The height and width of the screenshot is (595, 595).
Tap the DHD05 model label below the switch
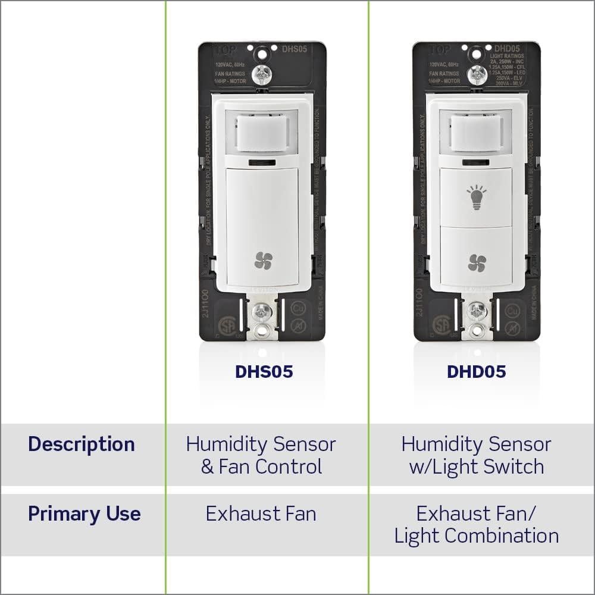(476, 372)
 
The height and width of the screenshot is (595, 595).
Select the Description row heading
(82, 444)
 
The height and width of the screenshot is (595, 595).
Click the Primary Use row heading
(84, 513)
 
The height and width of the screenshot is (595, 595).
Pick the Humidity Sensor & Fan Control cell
(261, 455)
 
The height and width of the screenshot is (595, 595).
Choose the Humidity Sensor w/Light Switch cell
(476, 455)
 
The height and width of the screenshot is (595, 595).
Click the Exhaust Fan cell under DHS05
(261, 513)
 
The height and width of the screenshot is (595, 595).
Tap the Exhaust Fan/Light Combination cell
(476, 524)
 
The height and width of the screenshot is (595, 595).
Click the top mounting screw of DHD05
(475, 75)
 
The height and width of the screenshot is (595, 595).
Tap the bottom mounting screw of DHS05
(262, 310)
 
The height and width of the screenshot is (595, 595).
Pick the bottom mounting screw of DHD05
(476, 310)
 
